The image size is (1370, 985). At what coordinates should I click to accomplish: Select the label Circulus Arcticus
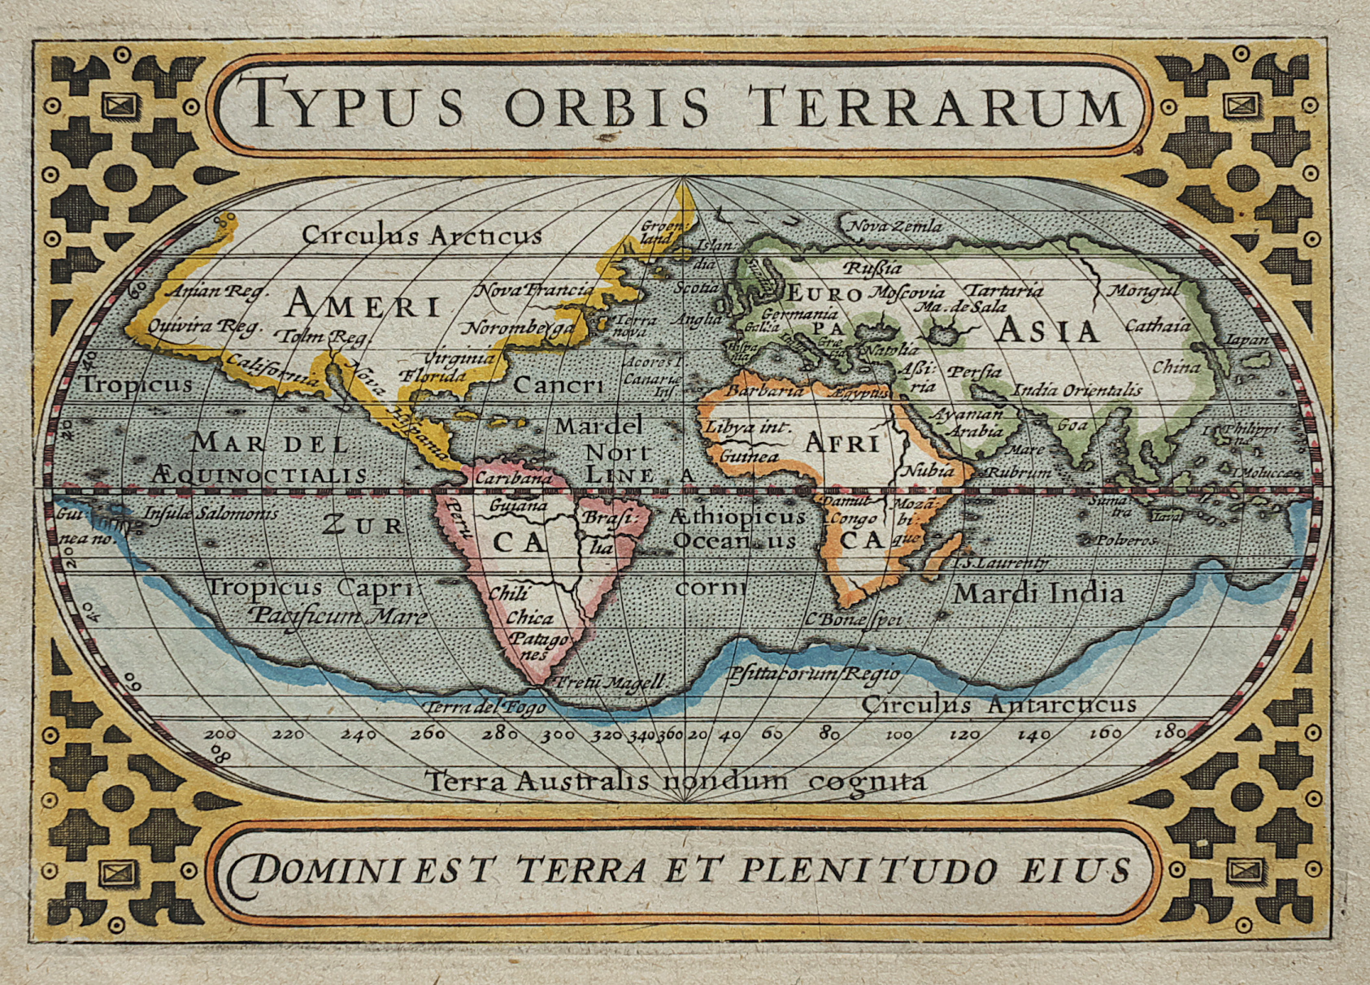click(x=421, y=236)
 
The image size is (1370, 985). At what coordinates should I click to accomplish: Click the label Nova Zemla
click(x=896, y=226)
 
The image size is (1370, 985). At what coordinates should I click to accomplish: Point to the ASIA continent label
click(x=1047, y=330)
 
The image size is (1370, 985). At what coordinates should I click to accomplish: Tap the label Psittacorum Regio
click(x=813, y=674)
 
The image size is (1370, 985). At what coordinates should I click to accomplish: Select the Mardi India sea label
click(x=1038, y=593)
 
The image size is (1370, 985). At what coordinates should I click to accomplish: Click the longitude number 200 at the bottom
click(x=220, y=734)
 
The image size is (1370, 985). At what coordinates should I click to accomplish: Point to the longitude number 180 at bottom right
click(x=1169, y=731)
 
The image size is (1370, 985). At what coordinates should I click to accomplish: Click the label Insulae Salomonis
click(x=211, y=514)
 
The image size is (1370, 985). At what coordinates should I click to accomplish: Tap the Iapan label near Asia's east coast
click(x=1246, y=340)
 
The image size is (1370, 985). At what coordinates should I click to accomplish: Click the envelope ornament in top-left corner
click(x=121, y=105)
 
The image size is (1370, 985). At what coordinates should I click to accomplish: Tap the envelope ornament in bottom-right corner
click(x=1242, y=870)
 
